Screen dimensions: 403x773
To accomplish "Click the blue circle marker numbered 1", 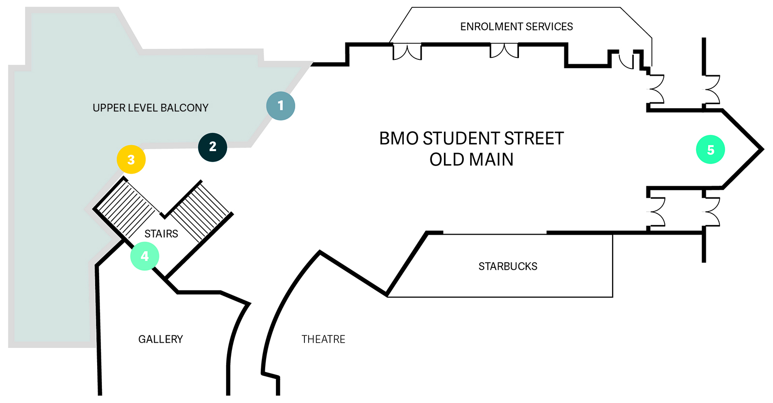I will [281, 106].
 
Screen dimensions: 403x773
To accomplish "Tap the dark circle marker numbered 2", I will [213, 147].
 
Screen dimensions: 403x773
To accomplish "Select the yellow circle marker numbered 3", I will [131, 159].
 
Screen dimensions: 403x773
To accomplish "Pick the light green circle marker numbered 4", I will [144, 256].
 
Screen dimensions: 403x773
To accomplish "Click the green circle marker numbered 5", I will [710, 150].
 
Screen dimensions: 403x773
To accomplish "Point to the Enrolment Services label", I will [516, 27].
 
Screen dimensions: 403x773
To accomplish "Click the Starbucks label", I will [508, 266].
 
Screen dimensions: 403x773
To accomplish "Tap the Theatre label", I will [323, 339].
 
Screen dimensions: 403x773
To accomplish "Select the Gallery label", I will [160, 339].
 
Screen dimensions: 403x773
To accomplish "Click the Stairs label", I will [161, 234].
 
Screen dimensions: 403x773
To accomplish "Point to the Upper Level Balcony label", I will [150, 108].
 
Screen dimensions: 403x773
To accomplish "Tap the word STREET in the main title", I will [534, 139].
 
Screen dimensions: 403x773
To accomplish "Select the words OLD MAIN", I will [471, 160].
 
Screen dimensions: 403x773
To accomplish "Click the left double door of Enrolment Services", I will [407, 52].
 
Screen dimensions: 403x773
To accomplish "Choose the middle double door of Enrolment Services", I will [504, 51].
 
